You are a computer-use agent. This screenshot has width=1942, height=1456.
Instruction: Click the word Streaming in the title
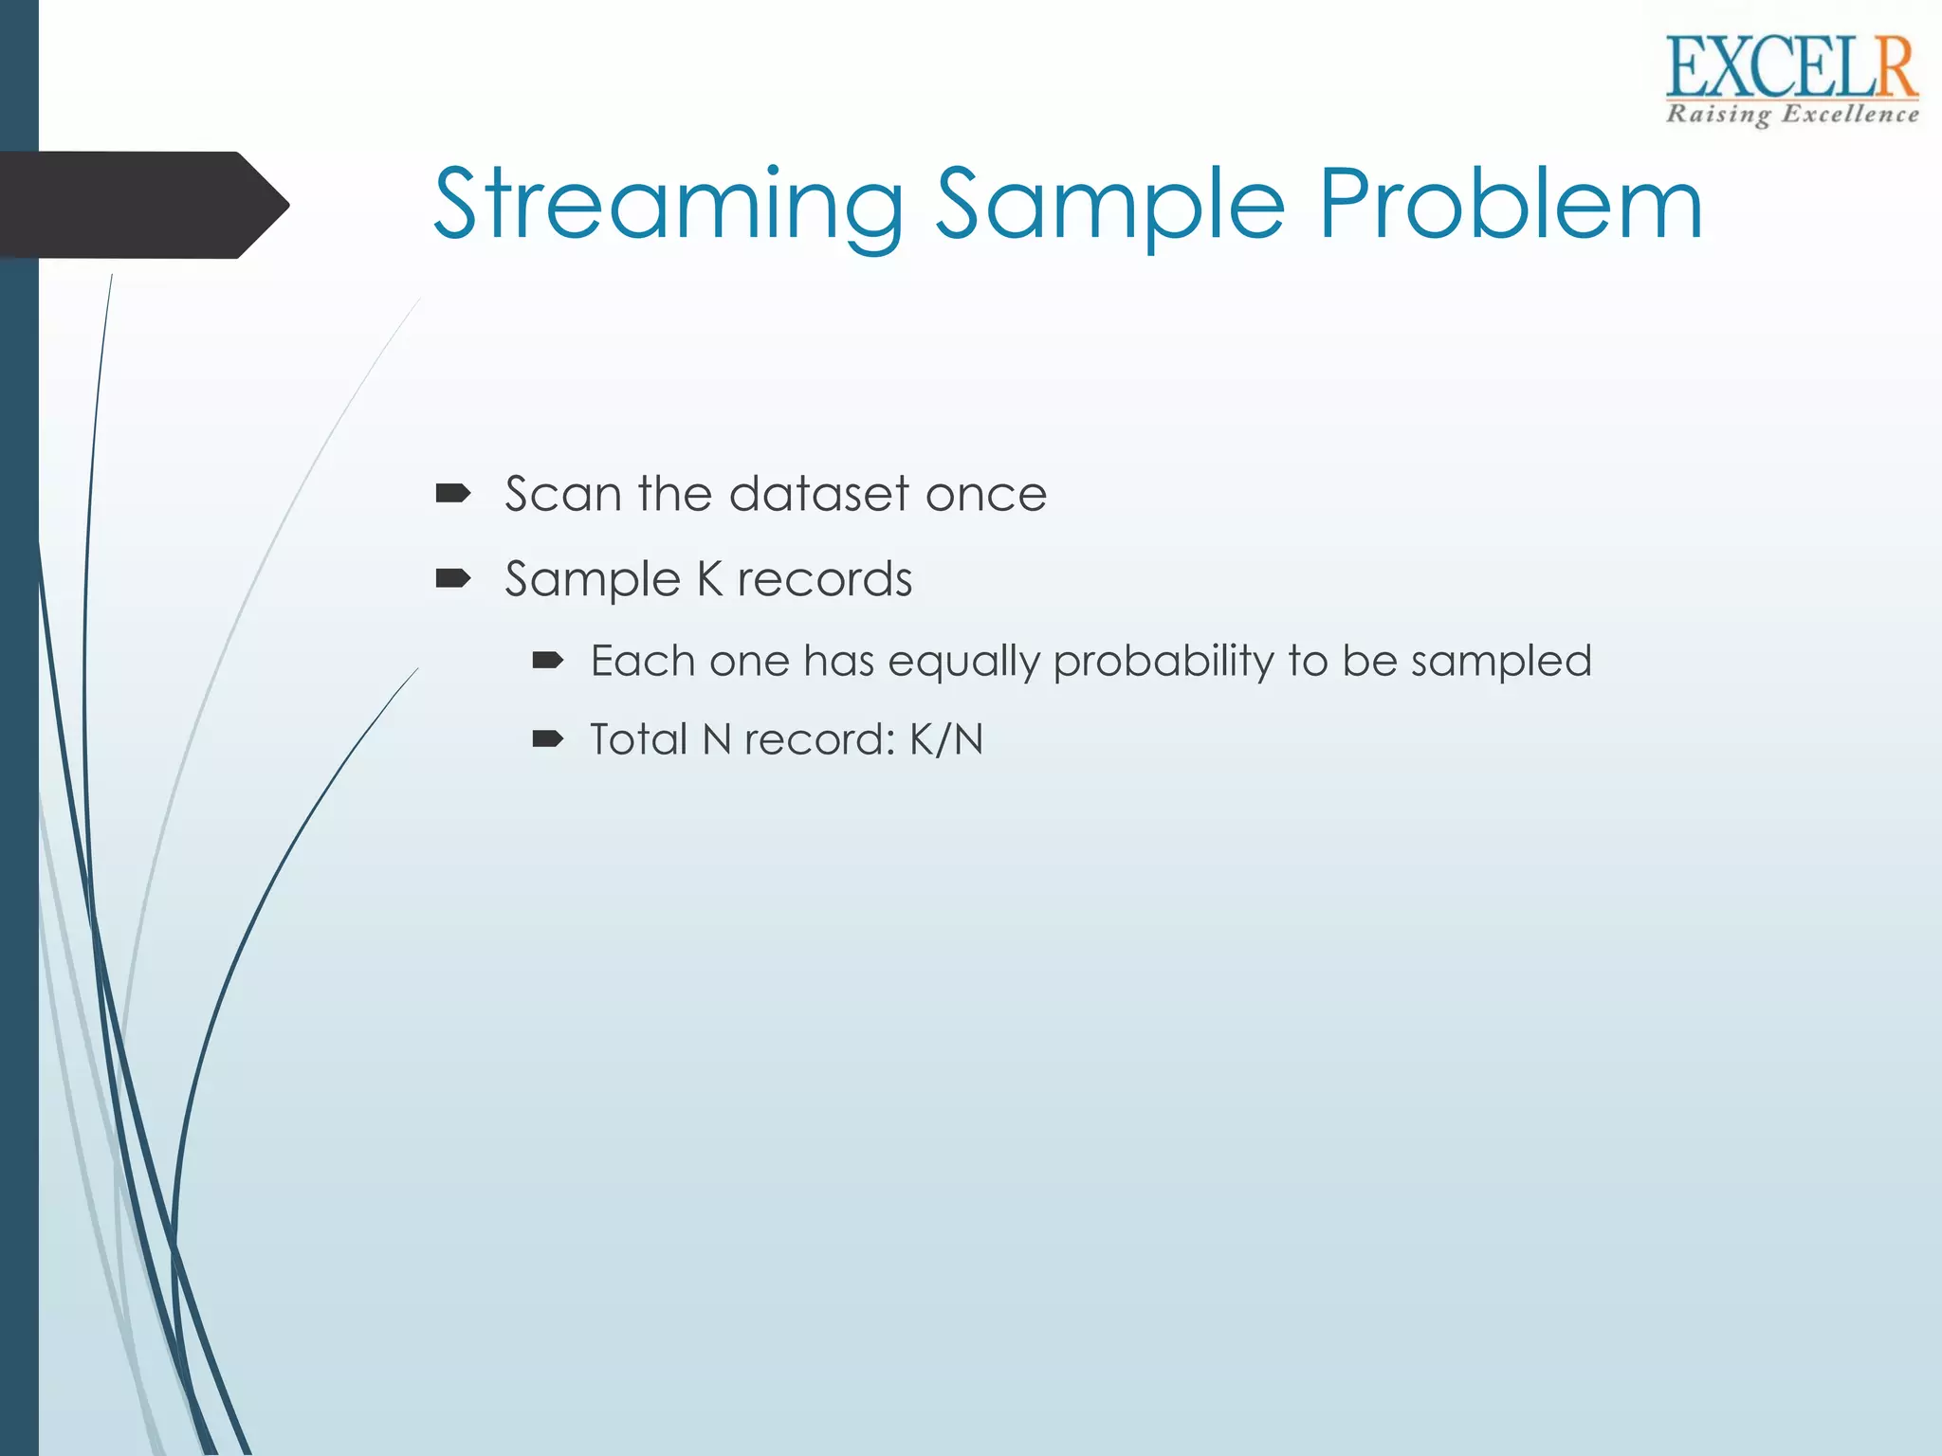(669, 204)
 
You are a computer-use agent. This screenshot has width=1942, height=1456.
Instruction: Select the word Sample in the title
(1109, 204)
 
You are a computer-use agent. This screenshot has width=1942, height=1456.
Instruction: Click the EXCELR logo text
(1790, 68)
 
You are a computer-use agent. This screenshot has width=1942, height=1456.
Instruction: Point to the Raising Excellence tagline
(1792, 115)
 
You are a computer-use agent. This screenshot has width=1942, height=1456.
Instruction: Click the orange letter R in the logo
(1894, 68)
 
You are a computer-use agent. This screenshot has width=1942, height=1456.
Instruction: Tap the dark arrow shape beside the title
(142, 205)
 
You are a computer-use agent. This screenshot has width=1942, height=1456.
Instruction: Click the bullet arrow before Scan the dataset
(453, 493)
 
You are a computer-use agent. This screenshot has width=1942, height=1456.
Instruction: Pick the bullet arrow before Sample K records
(453, 578)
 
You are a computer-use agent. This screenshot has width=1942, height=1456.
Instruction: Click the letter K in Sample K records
(709, 579)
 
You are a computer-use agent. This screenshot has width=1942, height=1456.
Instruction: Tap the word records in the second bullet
(824, 579)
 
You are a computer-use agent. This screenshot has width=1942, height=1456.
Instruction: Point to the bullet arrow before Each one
(548, 661)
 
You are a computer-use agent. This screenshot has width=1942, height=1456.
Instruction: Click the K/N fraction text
(946, 739)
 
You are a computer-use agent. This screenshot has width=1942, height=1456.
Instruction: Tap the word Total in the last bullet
(638, 739)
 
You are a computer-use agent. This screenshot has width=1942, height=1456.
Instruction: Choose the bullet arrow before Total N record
(548, 739)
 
